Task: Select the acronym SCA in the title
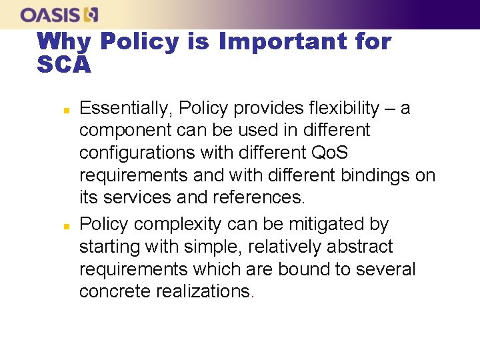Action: coord(64,65)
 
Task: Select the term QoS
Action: coord(330,153)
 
